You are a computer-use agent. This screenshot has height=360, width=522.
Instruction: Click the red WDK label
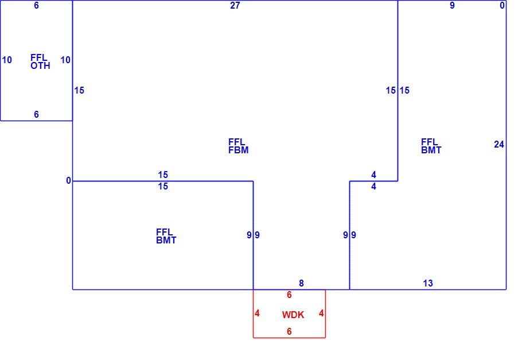tap(293, 315)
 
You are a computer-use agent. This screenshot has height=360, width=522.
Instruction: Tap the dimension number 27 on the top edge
tap(235, 5)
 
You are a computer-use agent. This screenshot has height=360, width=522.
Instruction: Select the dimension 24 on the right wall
tap(499, 144)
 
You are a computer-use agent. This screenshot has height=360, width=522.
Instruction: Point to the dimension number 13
tap(428, 283)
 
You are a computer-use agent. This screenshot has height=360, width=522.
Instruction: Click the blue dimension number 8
tap(301, 283)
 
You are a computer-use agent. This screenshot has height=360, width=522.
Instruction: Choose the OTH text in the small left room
tap(40, 65)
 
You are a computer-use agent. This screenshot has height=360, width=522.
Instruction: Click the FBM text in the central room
tap(239, 150)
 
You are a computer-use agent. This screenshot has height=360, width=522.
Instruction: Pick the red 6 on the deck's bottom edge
tap(289, 331)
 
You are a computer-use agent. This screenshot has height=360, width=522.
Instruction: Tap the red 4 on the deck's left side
tap(257, 313)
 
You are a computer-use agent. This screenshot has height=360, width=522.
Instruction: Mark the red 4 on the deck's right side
tap(321, 313)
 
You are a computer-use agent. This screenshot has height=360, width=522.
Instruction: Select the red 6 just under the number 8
tap(289, 295)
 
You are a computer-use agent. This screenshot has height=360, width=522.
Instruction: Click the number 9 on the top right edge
tap(452, 5)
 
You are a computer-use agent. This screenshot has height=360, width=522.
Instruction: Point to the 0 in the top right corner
tap(502, 5)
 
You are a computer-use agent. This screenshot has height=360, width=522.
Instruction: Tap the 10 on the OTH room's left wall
tap(7, 60)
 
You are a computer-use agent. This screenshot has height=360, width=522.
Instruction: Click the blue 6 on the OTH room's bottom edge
tap(36, 114)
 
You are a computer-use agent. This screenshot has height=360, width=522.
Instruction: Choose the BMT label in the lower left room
tap(166, 240)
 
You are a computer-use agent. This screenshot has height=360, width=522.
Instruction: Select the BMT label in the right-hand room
tap(431, 150)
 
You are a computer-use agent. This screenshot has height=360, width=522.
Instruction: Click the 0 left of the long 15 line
tap(68, 180)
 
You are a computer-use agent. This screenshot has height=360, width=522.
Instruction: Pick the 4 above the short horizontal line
tap(373, 175)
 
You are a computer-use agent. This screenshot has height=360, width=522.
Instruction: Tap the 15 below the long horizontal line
tap(163, 187)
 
